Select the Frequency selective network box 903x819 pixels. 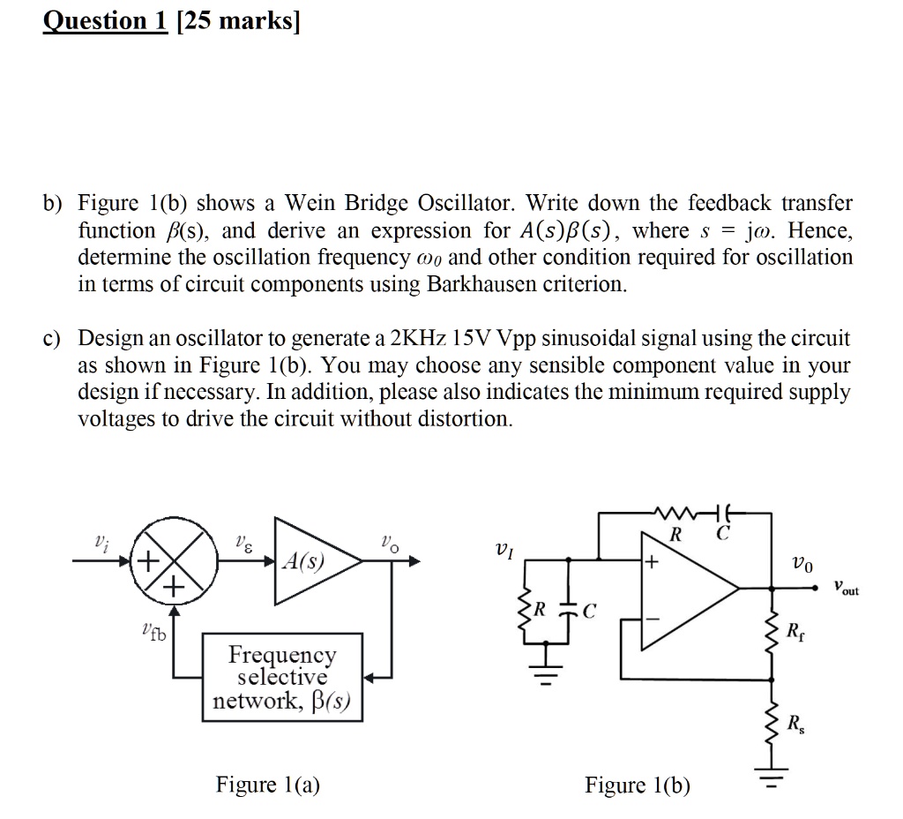tap(282, 677)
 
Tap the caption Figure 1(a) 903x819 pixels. tap(268, 784)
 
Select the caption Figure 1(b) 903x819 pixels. tap(638, 784)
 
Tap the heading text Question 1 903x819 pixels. tap(106, 21)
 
